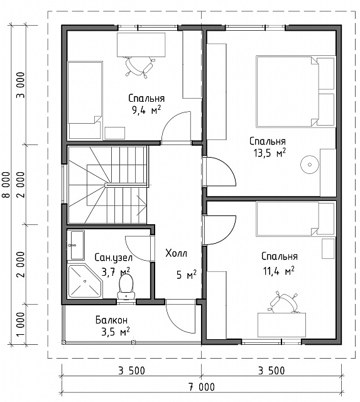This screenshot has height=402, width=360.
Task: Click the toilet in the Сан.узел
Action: (x=126, y=286)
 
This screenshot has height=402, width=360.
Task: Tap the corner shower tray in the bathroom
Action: (x=85, y=281)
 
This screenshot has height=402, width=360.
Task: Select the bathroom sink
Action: (x=76, y=245)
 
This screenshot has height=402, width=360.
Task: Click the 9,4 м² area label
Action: (x=146, y=111)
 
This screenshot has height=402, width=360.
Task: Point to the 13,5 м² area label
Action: (x=270, y=153)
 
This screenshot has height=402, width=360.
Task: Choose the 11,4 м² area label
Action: (x=279, y=271)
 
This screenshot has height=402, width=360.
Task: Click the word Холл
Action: (x=176, y=253)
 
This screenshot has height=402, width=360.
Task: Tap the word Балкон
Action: (x=112, y=320)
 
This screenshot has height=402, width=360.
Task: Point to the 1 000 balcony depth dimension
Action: (x=21, y=324)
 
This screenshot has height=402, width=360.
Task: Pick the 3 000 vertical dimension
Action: (x=21, y=85)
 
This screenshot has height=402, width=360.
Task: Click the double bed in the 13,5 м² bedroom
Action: (x=296, y=91)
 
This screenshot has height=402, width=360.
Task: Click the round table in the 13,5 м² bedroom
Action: (x=310, y=165)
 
